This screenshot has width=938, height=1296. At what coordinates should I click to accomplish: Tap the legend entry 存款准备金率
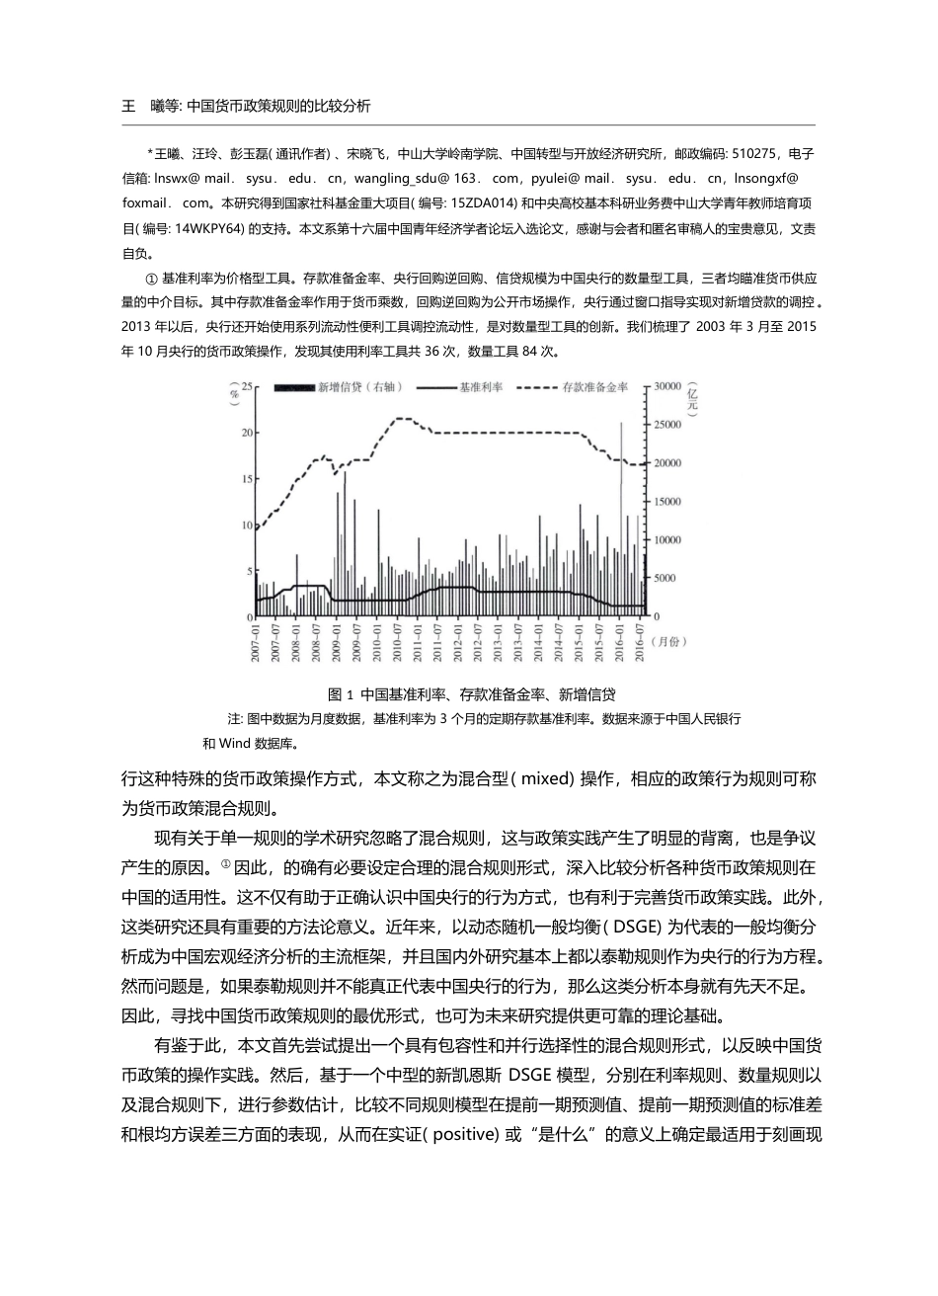tap(594, 388)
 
